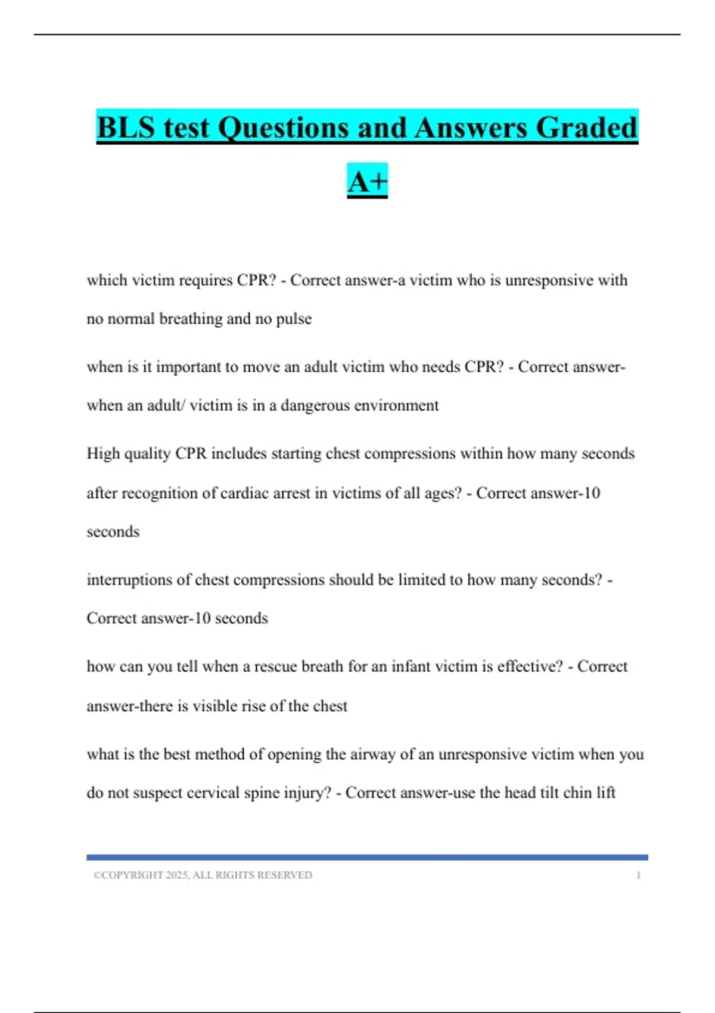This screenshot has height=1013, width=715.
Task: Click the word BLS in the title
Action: pyautogui.click(x=126, y=128)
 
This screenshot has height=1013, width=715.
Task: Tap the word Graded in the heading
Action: pyautogui.click(x=587, y=128)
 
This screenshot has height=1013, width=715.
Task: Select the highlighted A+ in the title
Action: pyautogui.click(x=367, y=182)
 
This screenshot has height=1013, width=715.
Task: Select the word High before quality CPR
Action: pyautogui.click(x=103, y=454)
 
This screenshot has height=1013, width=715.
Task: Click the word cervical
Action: pyautogui.click(x=210, y=793)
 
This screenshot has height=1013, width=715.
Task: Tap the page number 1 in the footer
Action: pyautogui.click(x=638, y=875)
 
